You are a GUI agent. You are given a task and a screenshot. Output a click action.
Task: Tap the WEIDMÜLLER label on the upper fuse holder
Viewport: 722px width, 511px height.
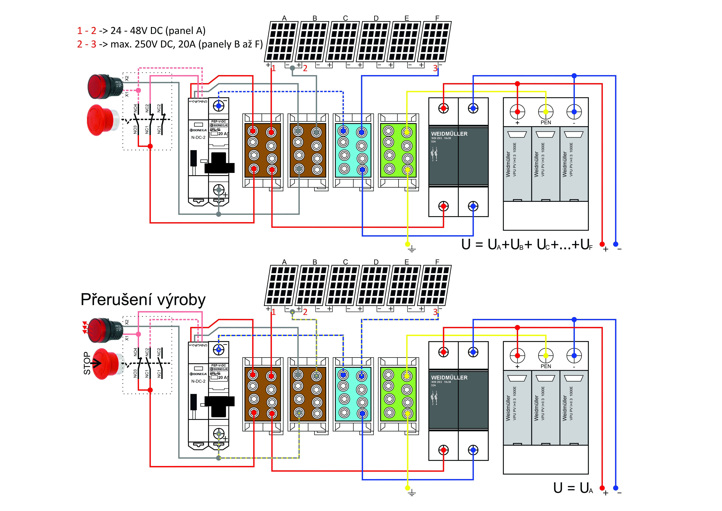point(449,134)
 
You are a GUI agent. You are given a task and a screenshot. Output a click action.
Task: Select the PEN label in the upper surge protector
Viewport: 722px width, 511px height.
point(546,122)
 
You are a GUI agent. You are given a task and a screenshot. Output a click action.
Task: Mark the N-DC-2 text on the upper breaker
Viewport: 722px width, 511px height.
point(198,138)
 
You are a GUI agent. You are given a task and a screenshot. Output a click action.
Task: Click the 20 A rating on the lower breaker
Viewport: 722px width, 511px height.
point(222,378)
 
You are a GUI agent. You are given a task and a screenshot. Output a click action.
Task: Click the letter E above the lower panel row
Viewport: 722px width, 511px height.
point(407,262)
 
